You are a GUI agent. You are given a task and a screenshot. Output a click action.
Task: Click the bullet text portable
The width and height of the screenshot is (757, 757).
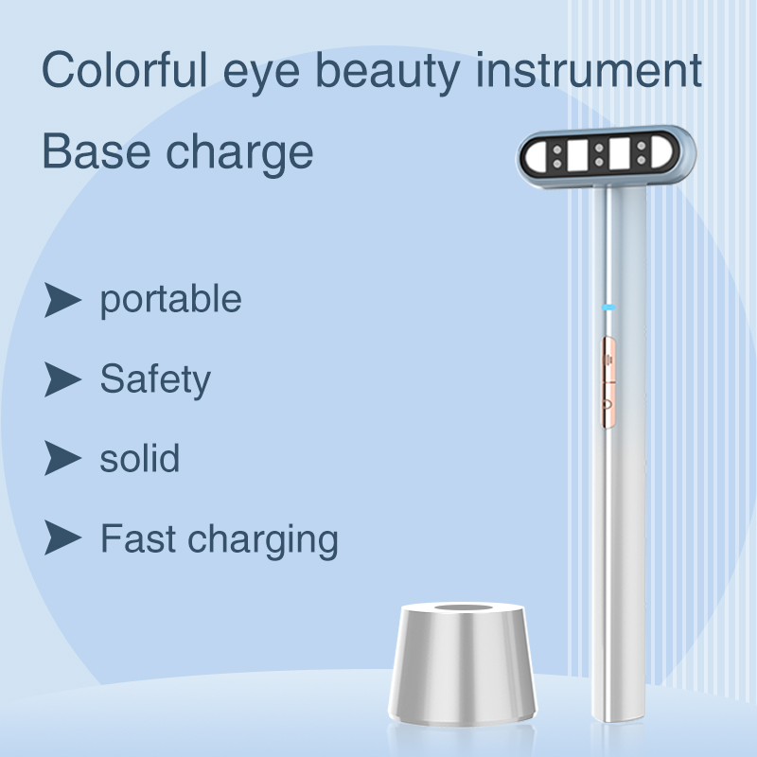[170, 300]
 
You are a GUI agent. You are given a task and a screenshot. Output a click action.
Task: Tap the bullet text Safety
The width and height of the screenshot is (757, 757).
[155, 379]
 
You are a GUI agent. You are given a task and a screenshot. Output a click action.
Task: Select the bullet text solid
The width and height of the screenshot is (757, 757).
[140, 459]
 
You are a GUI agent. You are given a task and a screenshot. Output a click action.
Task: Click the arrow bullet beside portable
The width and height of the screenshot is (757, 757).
[62, 300]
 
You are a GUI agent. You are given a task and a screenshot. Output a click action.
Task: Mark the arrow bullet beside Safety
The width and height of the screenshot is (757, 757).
[62, 379]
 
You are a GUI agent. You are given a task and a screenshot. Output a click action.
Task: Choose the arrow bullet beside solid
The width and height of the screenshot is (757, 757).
[62, 459]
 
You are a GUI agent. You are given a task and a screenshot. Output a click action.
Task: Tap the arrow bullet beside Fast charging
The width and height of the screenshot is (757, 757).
[62, 538]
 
